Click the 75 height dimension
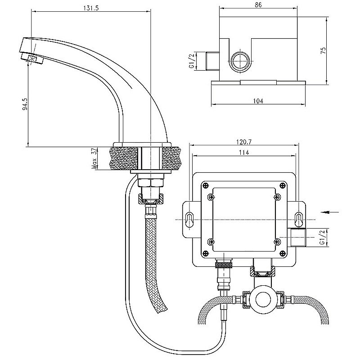click(x=323, y=50)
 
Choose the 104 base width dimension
click(x=258, y=101)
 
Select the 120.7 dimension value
click(x=243, y=142)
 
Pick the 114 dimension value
click(x=243, y=152)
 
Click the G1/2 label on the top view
click(x=192, y=60)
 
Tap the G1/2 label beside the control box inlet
click(x=322, y=236)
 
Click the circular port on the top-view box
click(x=240, y=61)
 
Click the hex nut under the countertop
click(x=151, y=182)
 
